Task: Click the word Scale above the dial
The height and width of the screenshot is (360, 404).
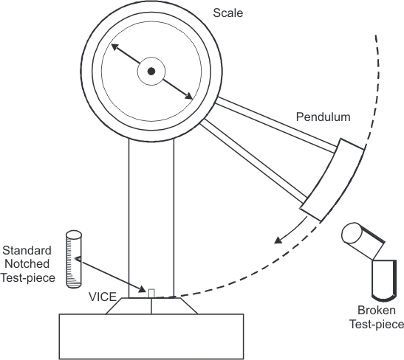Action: pos(227,13)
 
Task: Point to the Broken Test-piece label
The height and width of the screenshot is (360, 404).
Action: pos(378,317)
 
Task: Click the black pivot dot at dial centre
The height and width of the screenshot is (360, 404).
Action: pos(151,71)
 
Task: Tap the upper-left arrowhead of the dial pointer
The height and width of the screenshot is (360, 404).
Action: pos(114,48)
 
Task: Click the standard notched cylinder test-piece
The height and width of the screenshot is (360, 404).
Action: pos(75,260)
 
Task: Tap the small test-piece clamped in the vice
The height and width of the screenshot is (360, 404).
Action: pos(151,293)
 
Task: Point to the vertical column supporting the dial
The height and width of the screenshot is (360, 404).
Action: pos(151,214)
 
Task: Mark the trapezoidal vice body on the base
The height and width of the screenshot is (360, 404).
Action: pos(151,305)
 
